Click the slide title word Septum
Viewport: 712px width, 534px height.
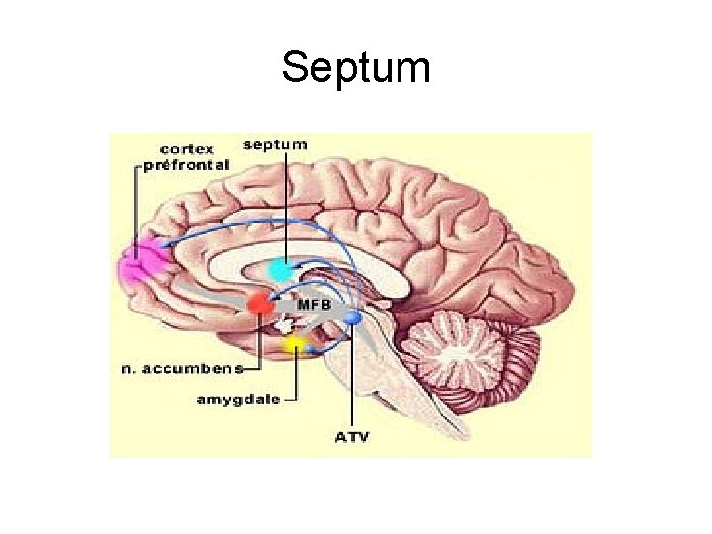pyautogui.click(x=356, y=68)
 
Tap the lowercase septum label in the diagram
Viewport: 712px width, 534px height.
pyautogui.click(x=275, y=144)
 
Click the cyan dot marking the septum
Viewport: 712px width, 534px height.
pyautogui.click(x=281, y=268)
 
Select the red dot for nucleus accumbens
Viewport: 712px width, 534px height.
pyautogui.click(x=260, y=303)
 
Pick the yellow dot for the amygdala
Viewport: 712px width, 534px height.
pyautogui.click(x=294, y=345)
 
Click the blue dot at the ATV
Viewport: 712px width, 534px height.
pyautogui.click(x=354, y=317)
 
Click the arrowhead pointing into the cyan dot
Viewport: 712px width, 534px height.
pyautogui.click(x=296, y=264)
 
